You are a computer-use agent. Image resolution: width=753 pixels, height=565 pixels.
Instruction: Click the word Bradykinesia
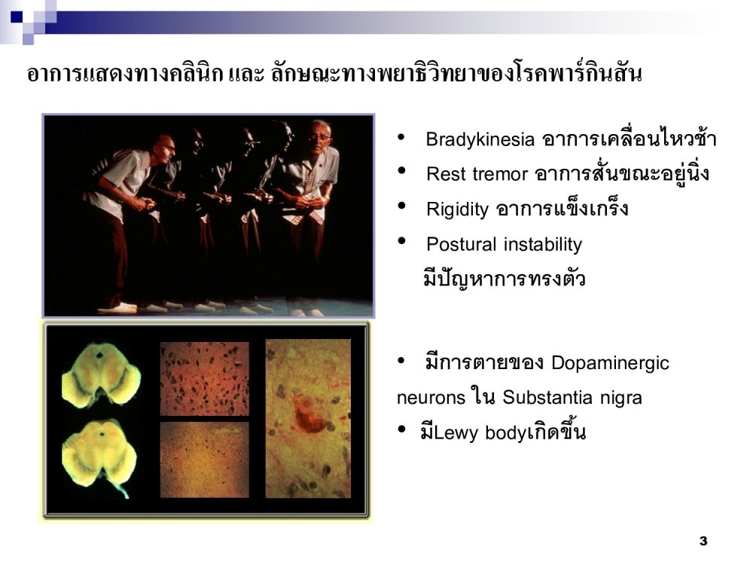[480, 140]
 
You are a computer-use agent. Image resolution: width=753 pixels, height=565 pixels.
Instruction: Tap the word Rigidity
[457, 209]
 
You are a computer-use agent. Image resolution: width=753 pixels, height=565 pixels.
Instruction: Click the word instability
[543, 245]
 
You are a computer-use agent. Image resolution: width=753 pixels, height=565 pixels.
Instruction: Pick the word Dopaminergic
[610, 363]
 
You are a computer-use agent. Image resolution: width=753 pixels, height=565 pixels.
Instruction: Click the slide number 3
[703, 541]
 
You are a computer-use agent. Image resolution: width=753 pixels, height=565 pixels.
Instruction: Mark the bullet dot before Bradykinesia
[401, 137]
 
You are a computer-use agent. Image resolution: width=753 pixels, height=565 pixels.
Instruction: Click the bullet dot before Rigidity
[401, 206]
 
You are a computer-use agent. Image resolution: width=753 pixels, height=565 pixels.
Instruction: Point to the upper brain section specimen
[101, 374]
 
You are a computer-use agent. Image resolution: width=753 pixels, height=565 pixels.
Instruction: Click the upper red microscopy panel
[205, 379]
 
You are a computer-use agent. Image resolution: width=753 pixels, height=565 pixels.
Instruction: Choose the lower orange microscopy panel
[205, 460]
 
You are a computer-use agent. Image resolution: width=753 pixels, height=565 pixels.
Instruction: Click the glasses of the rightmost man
[319, 138]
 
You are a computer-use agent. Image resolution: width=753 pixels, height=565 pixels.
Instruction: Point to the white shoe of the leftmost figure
[117, 308]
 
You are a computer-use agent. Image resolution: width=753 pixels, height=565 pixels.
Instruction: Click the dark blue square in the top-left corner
[17, 17]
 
